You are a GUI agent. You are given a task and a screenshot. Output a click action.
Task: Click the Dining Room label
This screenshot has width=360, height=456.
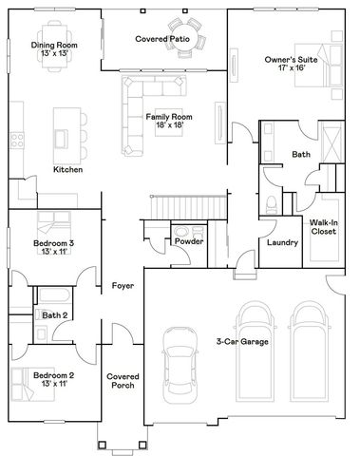(54, 45)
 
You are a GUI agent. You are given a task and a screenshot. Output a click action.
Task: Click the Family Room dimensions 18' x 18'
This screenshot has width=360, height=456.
(164, 124)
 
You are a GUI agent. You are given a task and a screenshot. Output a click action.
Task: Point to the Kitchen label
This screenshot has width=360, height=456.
(67, 169)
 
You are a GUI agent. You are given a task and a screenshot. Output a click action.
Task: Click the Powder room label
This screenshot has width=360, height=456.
(188, 241)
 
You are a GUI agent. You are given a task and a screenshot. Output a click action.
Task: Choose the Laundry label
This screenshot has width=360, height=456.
(282, 242)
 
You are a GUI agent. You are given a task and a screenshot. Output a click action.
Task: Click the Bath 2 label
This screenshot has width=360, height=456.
(53, 314)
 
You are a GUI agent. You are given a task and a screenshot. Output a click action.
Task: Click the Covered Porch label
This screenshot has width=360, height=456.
(122, 380)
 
